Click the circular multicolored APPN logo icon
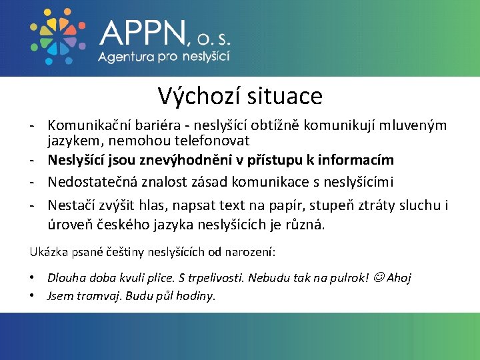55,37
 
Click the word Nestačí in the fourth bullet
70,205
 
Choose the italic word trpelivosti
211,277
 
